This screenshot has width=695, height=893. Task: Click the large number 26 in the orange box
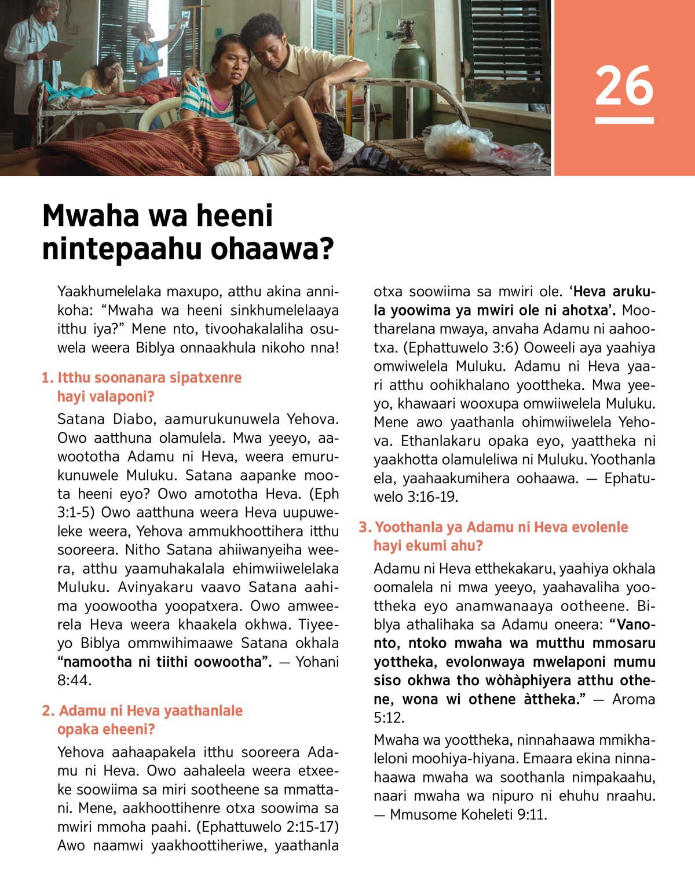624,86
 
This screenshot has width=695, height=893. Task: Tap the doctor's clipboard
57,50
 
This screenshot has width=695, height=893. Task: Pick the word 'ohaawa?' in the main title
272,249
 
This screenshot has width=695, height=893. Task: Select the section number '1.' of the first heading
47,378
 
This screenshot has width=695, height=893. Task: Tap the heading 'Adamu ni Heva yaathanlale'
151,711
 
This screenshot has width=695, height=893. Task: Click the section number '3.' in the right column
365,527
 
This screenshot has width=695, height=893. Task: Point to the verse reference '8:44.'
74,681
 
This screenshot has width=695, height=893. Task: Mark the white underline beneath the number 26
624,121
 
